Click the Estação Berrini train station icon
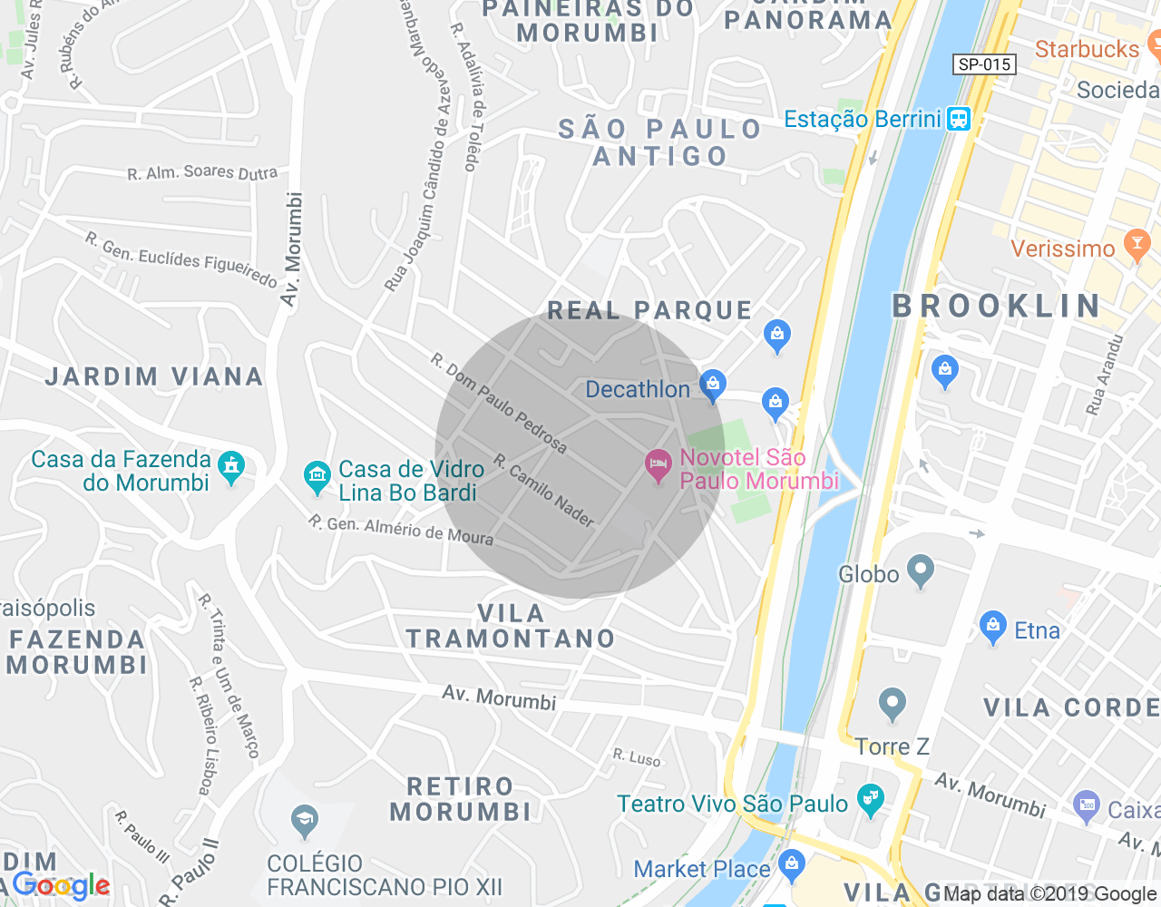click(958, 119)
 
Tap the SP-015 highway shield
click(984, 64)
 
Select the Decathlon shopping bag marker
click(713, 385)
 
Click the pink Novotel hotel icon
click(658, 466)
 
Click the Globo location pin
click(921, 571)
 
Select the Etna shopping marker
click(993, 627)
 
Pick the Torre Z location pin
click(893, 704)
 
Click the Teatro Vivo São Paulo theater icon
click(871, 800)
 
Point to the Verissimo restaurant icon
click(1136, 245)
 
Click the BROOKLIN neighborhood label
click(997, 307)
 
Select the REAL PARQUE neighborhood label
click(649, 311)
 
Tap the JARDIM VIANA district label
click(154, 376)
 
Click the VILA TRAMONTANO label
click(511, 626)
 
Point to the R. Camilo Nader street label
click(543, 491)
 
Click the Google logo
click(62, 885)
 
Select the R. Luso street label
click(637, 756)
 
